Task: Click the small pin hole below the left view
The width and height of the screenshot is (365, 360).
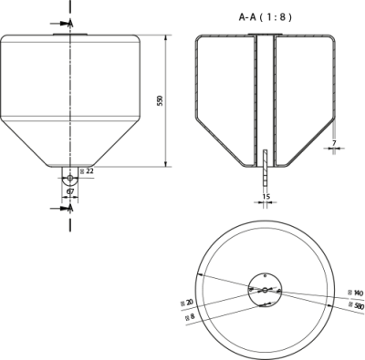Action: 70,179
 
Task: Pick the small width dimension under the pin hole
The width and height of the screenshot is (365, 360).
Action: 70,195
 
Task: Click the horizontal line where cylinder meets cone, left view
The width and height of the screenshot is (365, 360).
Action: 70,120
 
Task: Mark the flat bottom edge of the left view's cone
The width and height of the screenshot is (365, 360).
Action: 70,166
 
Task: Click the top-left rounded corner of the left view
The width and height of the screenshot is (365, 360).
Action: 5,38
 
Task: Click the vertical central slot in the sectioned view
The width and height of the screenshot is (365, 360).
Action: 263,91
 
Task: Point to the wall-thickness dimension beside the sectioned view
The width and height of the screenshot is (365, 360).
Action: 332,146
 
